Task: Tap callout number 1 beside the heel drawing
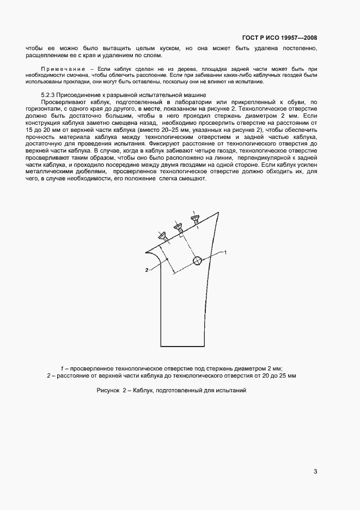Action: tap(225, 252)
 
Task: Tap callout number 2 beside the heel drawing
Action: tap(147, 270)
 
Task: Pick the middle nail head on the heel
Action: tap(178, 226)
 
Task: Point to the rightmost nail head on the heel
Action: tap(193, 218)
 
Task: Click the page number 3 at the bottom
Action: tap(315, 472)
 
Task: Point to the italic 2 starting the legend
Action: tap(48, 376)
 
